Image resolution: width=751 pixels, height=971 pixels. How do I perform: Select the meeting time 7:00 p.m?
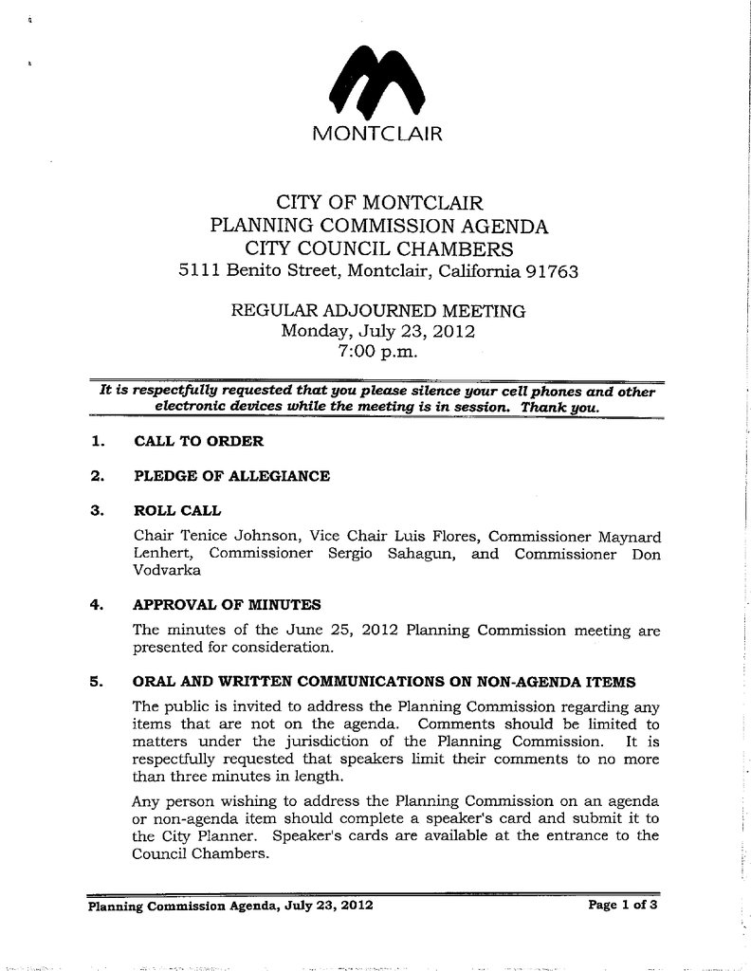(376, 352)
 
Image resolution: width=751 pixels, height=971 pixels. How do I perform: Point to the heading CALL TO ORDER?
(199, 441)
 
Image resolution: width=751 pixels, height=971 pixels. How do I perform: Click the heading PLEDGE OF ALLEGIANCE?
(232, 476)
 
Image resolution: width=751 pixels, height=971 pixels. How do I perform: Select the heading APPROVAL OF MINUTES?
(228, 604)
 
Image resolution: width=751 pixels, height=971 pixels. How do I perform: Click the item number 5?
(95, 682)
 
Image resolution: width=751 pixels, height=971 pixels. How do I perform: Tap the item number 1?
(95, 441)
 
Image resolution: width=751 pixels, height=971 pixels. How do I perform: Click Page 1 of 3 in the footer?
(623, 905)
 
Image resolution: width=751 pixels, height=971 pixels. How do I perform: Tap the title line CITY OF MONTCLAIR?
(378, 203)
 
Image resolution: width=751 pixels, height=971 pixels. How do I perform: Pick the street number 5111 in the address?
(201, 272)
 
